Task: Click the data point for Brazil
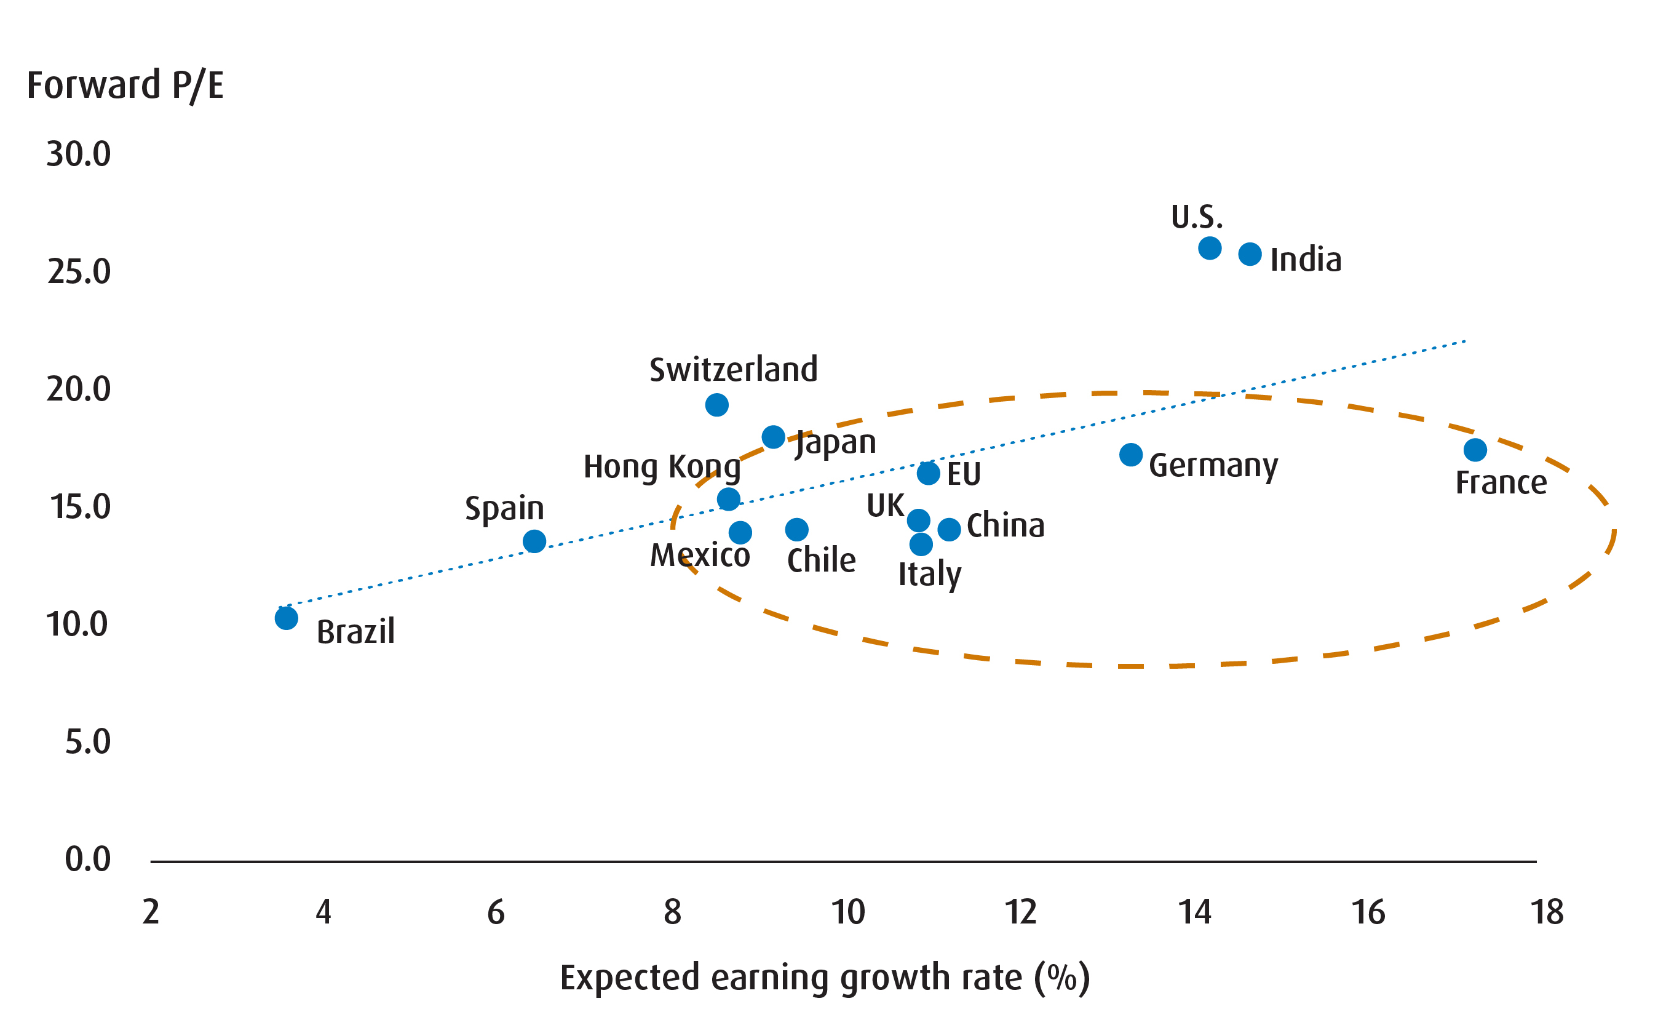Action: coord(287,618)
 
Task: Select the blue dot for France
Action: coord(1475,450)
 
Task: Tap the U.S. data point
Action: coord(1210,248)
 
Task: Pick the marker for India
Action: coord(1250,254)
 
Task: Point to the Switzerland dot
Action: coord(717,405)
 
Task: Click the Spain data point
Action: coord(534,541)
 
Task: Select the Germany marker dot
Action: coord(1131,454)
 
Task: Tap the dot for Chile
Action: coord(797,528)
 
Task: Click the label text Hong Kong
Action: coord(662,466)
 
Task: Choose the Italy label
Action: coord(930,574)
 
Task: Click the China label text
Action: coord(1006,525)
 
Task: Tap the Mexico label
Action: coord(700,555)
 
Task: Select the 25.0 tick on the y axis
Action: coord(79,271)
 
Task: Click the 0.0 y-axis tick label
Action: coord(87,859)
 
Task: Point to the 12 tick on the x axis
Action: coord(1020,912)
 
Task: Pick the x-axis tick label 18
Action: coord(1547,912)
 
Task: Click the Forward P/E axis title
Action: coord(125,86)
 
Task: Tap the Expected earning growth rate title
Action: coord(825,978)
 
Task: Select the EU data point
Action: coord(928,473)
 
